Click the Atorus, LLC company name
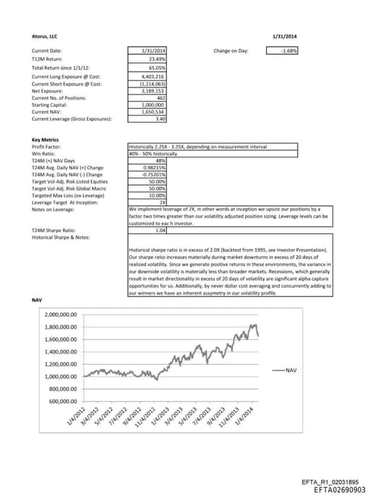coord(46,35)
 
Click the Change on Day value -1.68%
coord(291,51)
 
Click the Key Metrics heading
coord(46,139)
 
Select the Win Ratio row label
coord(43,153)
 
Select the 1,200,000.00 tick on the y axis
coord(61,363)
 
